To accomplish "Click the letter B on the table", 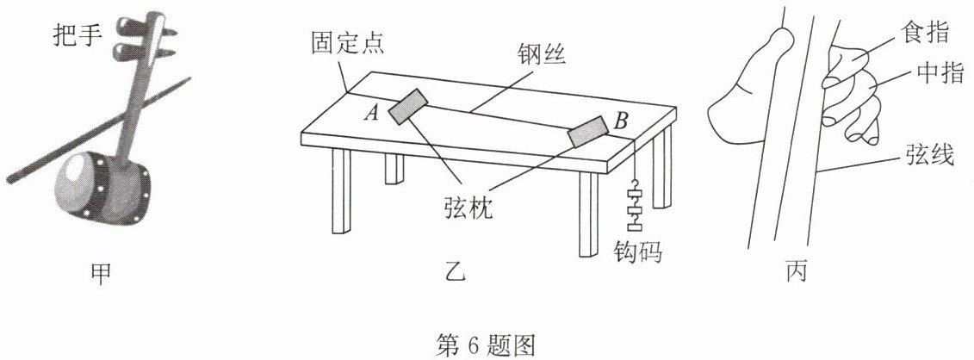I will [621, 122].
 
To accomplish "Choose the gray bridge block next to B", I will [589, 131].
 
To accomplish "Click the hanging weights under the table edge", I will [636, 207].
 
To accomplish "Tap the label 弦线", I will [927, 156].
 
